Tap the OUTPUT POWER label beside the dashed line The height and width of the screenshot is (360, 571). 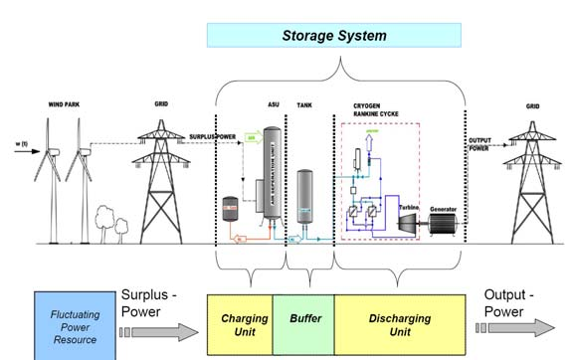coord(481,148)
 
